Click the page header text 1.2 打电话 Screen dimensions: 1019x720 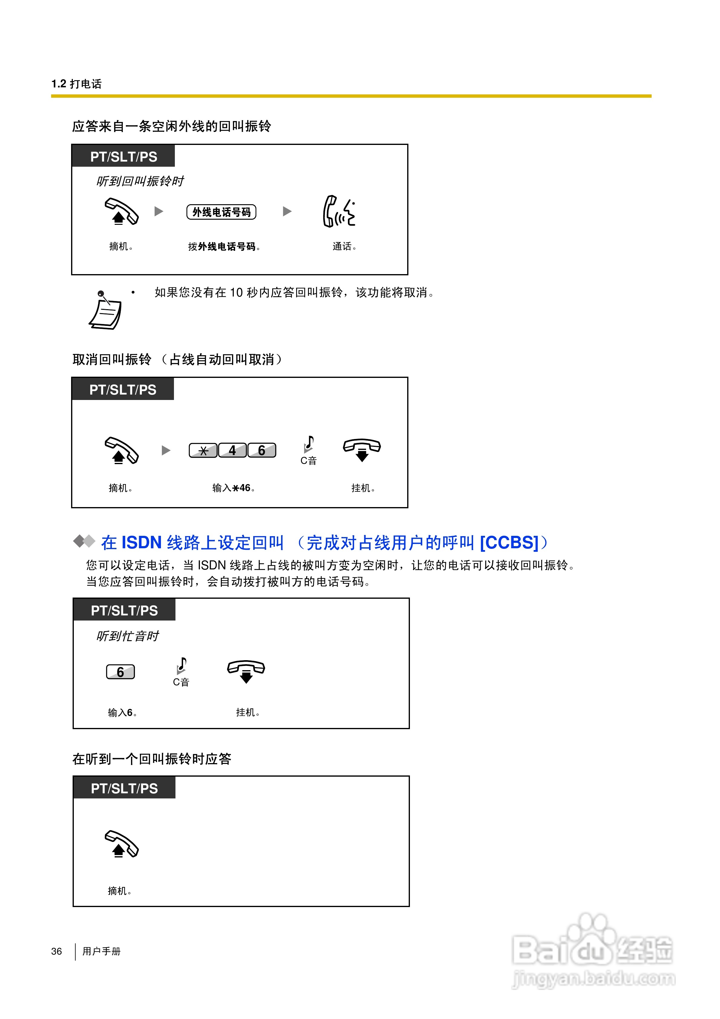(76, 84)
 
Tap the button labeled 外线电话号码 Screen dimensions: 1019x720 (221, 212)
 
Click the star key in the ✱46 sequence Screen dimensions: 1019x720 (203, 451)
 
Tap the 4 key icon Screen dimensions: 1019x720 (232, 451)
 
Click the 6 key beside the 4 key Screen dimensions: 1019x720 (261, 451)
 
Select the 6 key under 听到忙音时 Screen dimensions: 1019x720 (120, 672)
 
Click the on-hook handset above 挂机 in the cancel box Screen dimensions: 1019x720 (362, 449)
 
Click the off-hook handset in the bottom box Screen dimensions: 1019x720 (121, 844)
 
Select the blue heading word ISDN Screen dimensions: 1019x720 (141, 542)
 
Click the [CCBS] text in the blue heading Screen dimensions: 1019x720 (509, 542)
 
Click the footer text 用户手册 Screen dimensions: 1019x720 (101, 951)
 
